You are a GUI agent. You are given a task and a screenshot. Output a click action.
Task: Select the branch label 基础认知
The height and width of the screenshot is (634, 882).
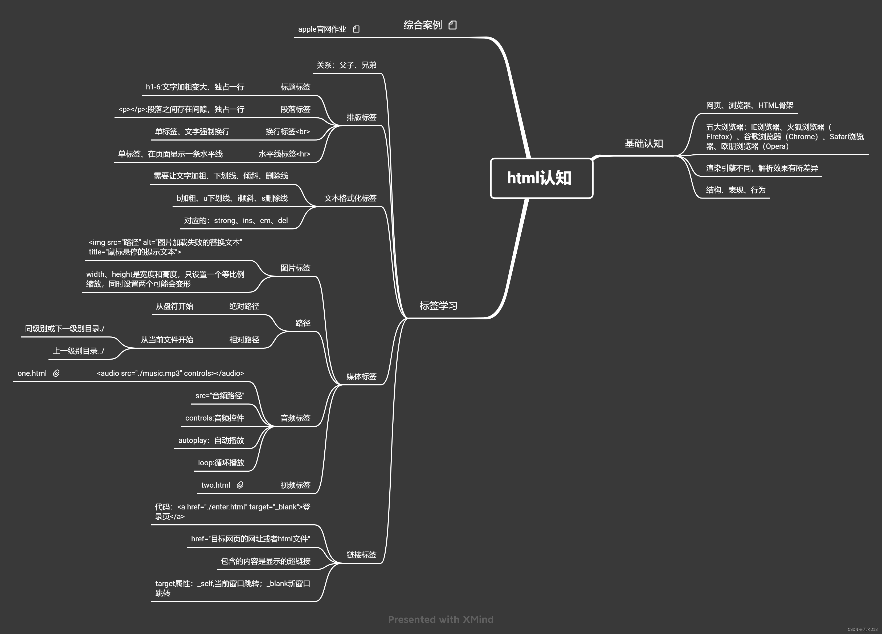644,143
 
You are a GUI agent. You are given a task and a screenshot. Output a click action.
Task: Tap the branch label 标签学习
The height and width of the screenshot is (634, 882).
438,306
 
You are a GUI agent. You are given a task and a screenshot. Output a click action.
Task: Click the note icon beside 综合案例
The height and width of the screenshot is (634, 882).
452,25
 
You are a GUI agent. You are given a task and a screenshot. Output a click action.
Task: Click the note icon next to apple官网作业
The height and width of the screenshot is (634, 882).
356,29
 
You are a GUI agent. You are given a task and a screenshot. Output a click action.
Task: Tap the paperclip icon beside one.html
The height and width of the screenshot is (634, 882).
56,373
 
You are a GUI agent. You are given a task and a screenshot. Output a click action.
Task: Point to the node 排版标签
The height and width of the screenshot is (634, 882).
361,117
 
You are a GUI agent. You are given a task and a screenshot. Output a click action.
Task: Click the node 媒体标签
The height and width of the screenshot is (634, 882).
361,376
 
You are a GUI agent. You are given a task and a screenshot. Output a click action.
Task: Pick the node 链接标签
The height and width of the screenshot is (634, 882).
361,555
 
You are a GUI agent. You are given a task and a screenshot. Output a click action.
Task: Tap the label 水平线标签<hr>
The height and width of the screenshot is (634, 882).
284,154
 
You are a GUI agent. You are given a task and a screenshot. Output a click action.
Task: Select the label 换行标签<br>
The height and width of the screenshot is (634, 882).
287,132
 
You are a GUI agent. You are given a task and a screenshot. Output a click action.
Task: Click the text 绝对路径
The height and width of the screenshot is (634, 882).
244,306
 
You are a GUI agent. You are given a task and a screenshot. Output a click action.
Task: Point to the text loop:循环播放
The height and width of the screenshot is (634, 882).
221,463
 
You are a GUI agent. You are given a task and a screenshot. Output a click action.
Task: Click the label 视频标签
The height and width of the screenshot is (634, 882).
295,485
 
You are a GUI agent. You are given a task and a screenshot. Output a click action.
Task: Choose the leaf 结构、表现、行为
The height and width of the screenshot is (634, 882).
735,190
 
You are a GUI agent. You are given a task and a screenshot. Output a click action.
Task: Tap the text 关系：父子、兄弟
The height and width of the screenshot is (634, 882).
346,65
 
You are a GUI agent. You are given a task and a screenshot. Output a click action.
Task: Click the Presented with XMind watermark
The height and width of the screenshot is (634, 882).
441,619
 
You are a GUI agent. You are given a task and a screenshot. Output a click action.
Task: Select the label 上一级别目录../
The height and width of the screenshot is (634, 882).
79,351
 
